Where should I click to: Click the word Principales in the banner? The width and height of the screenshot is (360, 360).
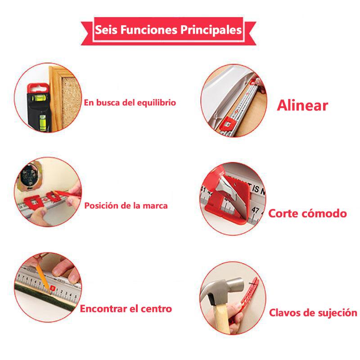pos(211,30)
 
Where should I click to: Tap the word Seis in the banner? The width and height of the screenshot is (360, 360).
pos(106,30)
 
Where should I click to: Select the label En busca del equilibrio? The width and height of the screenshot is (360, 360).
pos(130,103)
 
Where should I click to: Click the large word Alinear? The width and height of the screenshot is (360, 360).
pos(302,106)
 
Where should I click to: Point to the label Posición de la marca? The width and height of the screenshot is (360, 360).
pos(126,206)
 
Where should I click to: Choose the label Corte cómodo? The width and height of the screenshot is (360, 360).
pos(307,213)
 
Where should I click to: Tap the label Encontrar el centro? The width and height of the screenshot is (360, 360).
pos(126,309)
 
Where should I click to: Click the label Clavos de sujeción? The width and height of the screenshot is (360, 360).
pos(313,313)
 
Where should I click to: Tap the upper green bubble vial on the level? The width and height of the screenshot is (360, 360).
pos(39,98)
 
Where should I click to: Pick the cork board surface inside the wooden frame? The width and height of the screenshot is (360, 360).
pos(71,101)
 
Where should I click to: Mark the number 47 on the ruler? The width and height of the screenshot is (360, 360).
pos(255,210)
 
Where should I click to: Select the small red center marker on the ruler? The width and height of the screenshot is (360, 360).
pos(52,288)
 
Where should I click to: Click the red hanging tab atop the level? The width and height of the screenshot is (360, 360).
pos(38,88)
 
